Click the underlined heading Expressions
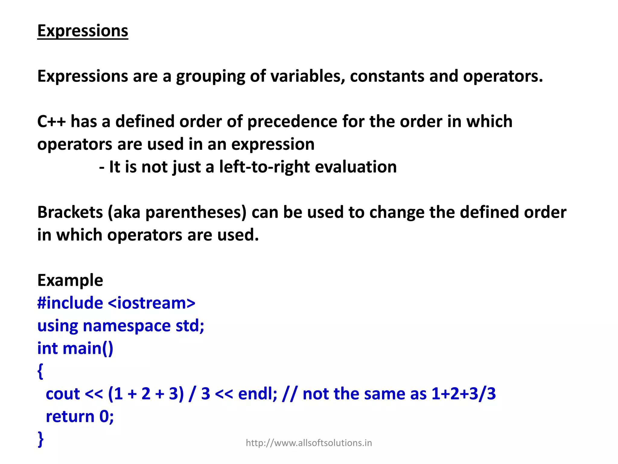[83, 31]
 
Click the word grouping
[210, 76]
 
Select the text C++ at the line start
[51, 121]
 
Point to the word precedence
[292, 121]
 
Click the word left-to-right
[264, 167]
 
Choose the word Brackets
[70, 212]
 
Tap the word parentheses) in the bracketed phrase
[196, 213]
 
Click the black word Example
[70, 280]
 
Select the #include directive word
[70, 303]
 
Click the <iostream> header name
[151, 303]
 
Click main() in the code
[88, 349]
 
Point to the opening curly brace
[40, 371]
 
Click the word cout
[63, 394]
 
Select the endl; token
[257, 394]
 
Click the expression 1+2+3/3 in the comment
[463, 394]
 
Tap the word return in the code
[70, 417]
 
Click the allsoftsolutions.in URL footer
[309, 443]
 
